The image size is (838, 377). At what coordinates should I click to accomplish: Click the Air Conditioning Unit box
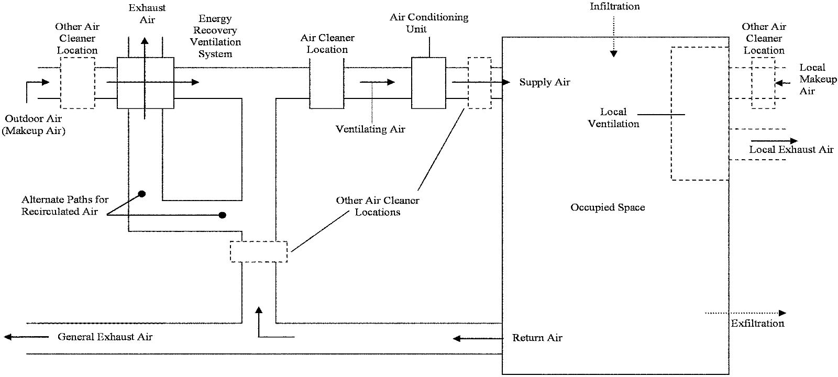click(x=428, y=83)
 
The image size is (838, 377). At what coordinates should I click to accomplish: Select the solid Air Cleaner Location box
click(x=326, y=83)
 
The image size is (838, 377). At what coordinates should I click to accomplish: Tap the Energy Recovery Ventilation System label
click(x=215, y=36)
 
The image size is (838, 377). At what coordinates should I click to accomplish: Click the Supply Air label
click(x=544, y=82)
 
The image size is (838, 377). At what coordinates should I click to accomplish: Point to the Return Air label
click(x=537, y=338)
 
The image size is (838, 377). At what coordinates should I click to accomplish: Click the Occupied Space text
click(x=608, y=207)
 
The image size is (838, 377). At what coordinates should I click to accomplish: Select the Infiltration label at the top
click(x=615, y=7)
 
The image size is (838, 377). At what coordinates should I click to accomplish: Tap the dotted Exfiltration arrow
click(x=746, y=313)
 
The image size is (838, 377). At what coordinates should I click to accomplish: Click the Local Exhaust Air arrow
click(x=774, y=141)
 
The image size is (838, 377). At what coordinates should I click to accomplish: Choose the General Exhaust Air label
click(x=105, y=337)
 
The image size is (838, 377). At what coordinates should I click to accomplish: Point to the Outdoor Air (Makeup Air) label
click(x=34, y=125)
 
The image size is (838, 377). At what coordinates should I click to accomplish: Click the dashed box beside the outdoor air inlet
click(x=78, y=83)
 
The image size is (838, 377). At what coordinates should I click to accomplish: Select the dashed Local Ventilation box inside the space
click(x=700, y=114)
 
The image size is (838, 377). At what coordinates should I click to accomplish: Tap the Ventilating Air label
click(x=370, y=129)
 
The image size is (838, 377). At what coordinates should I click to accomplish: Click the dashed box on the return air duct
click(x=259, y=251)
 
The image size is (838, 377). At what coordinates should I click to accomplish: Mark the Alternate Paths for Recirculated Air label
click(x=64, y=205)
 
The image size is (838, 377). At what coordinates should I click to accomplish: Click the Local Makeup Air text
click(x=818, y=79)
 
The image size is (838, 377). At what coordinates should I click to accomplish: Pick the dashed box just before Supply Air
click(x=479, y=83)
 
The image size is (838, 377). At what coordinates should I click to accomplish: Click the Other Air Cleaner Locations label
click(x=377, y=206)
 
